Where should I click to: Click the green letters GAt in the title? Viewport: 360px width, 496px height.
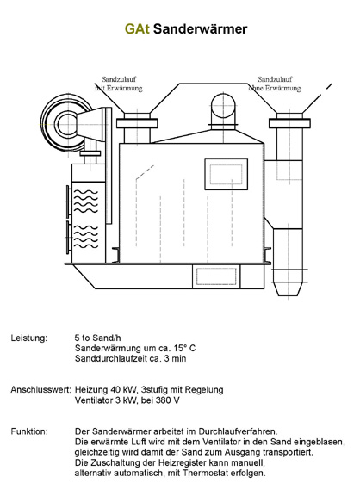137,28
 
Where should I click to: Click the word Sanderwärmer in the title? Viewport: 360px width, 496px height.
201,28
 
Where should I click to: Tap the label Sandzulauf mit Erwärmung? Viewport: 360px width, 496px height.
119,84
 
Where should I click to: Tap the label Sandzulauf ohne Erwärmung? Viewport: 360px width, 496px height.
275,84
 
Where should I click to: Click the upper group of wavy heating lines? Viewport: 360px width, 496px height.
86,201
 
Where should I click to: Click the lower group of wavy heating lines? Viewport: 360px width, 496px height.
86,237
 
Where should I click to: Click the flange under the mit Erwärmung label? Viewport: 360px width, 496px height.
137,123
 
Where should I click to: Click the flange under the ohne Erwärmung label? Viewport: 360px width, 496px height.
289,123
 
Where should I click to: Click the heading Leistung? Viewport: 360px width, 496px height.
28,338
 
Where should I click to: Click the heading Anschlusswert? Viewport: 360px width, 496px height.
41,389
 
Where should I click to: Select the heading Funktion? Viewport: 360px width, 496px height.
29,431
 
